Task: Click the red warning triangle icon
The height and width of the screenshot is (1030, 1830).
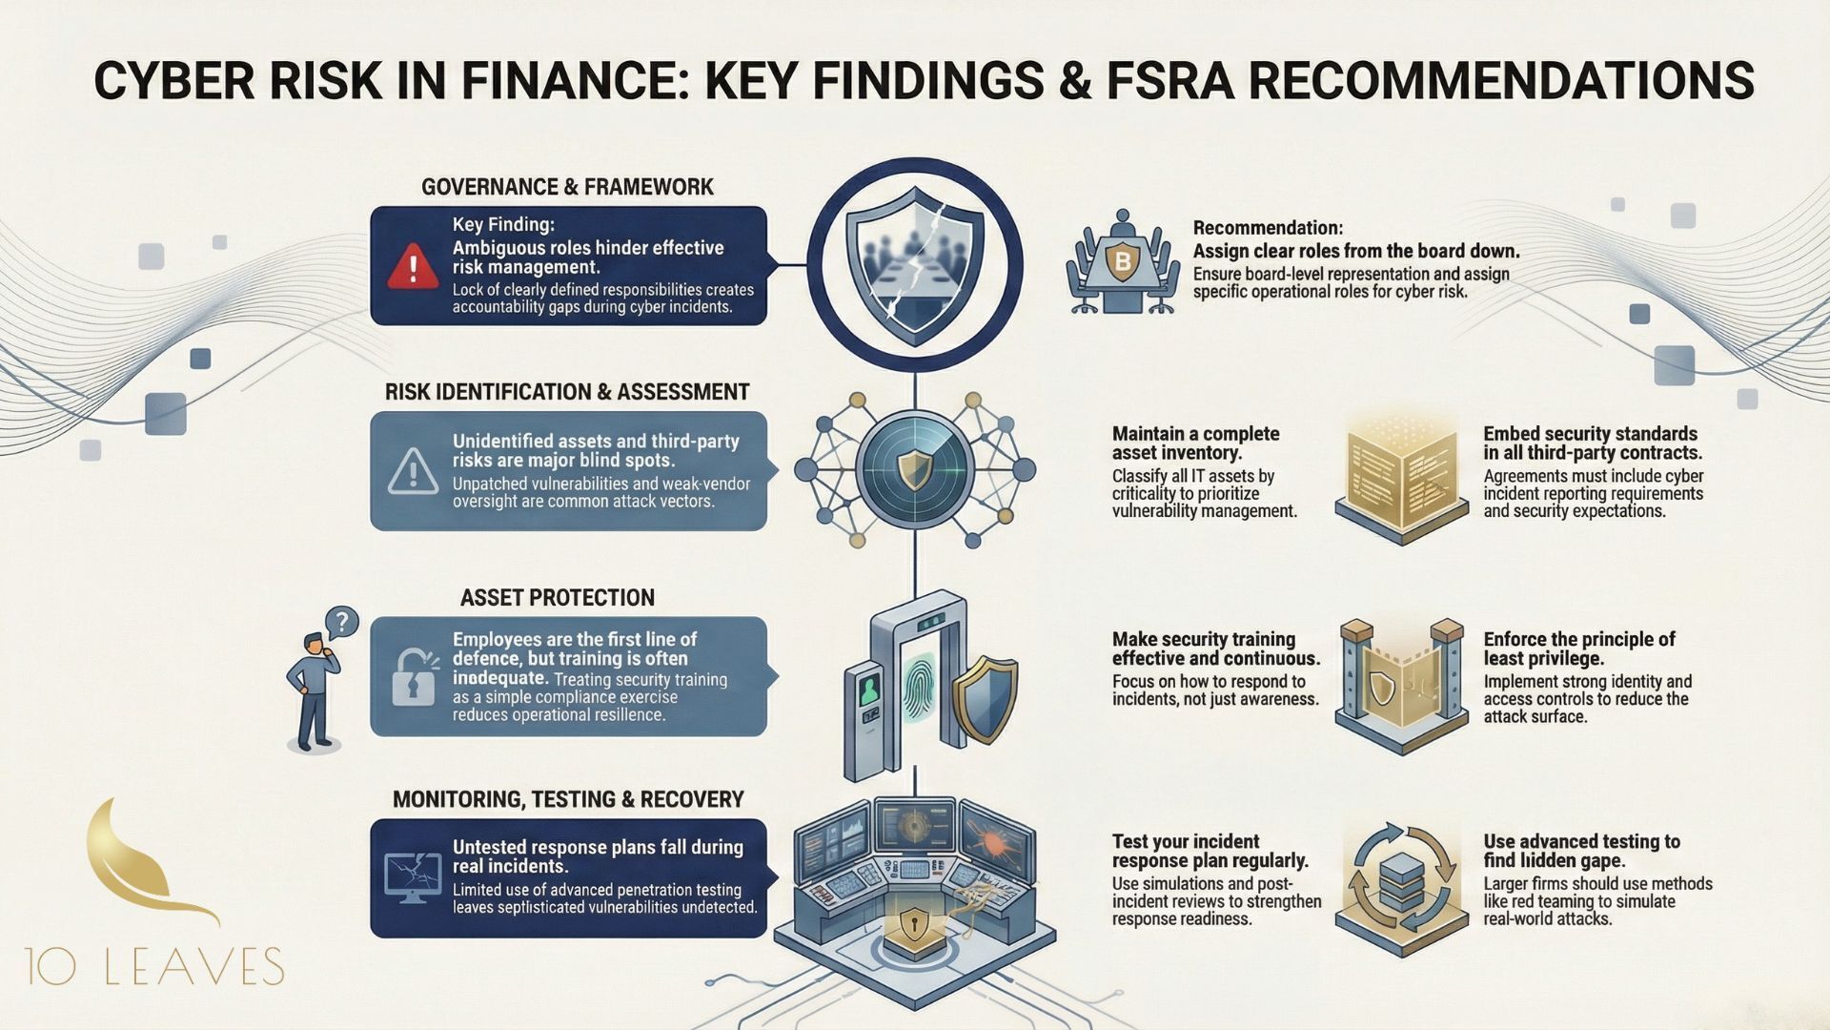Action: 412,266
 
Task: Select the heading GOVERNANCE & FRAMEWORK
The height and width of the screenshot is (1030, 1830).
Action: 567,187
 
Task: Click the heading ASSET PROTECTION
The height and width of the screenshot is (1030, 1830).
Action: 558,598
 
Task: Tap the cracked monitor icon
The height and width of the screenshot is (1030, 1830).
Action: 412,878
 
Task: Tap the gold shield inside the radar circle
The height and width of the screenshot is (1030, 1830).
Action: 914,469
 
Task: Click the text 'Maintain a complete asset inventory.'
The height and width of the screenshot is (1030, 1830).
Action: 1195,443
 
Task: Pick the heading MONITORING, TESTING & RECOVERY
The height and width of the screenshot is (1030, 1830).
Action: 568,799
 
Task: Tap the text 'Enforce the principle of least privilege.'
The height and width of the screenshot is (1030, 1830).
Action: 1578,649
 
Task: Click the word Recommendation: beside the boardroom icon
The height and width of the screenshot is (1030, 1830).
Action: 1268,228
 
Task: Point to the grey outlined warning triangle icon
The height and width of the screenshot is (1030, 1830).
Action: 413,471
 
